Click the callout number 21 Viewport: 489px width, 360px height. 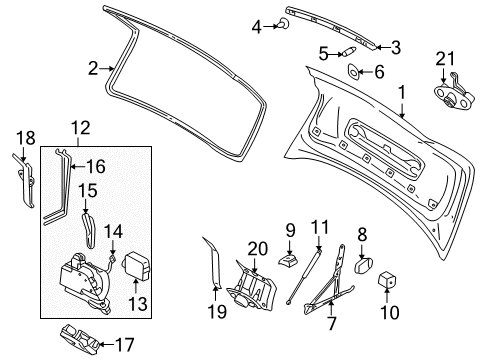pos(445,57)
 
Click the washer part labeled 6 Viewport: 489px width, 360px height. pos(354,72)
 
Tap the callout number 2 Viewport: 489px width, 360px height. pos(92,68)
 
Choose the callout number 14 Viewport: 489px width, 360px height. pos(114,231)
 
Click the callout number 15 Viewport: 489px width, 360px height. pos(88,190)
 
